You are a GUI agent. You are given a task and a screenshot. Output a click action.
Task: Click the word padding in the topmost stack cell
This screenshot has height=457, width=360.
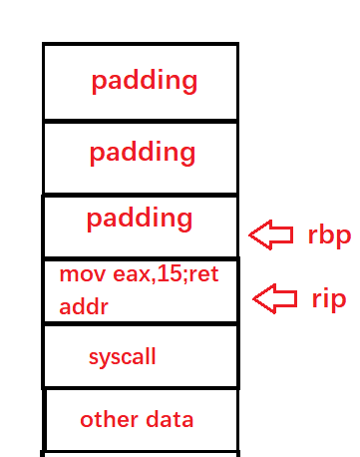[x=145, y=82]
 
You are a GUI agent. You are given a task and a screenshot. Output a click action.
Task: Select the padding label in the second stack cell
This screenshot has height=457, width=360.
[x=143, y=153]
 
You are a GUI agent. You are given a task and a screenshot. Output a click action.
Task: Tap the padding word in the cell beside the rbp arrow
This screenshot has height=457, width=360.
[x=140, y=220]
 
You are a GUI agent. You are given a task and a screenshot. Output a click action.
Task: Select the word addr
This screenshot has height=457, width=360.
[x=84, y=306]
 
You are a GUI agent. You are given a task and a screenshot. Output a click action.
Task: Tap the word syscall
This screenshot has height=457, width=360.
[x=123, y=357]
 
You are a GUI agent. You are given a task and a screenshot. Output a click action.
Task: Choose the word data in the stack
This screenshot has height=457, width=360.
[x=170, y=419]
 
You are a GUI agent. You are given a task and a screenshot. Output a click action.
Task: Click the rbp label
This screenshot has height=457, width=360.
[x=329, y=235]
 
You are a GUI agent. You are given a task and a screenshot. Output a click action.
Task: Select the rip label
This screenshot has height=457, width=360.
[x=329, y=299]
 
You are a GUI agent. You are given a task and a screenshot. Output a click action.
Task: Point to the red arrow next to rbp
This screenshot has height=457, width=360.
[x=271, y=234]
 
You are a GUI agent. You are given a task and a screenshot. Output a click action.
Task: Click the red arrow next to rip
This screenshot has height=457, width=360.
[x=275, y=299]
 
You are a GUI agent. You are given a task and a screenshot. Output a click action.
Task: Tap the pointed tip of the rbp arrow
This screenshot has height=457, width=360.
[x=249, y=235]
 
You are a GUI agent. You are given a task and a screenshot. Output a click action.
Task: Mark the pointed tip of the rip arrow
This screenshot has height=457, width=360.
[x=253, y=299]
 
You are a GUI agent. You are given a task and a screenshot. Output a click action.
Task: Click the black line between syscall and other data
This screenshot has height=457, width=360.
[x=141, y=388]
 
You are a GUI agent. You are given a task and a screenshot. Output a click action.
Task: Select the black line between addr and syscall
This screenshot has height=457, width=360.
[x=141, y=323]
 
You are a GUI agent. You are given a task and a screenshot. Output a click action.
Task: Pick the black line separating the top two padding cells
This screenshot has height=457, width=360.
[x=141, y=121]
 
